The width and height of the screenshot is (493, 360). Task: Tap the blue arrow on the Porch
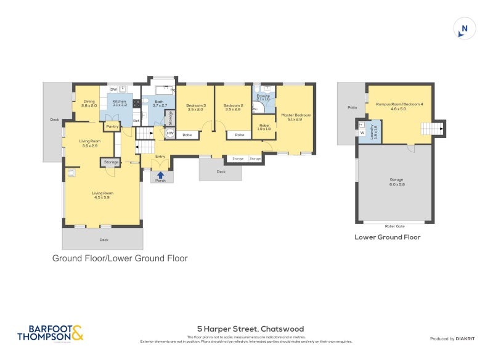tap(160, 175)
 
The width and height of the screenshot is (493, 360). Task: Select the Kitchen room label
tap(119, 104)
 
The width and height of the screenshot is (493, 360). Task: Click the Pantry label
tap(112, 126)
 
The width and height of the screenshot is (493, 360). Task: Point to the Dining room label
tap(89, 104)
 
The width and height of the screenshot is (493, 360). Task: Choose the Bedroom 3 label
tap(195, 107)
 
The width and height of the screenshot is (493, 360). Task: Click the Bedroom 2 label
tap(233, 107)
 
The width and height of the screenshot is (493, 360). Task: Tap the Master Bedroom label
tap(296, 117)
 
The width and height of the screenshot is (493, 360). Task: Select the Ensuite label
tap(263, 97)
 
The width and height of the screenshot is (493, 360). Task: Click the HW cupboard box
tap(170, 133)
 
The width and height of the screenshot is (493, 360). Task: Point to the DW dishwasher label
tap(113, 89)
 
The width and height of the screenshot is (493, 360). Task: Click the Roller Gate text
tap(394, 226)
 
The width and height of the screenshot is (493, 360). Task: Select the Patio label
tap(352, 108)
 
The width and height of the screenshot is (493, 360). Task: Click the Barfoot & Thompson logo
tap(50, 333)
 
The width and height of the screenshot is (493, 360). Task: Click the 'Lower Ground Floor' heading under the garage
tap(388, 237)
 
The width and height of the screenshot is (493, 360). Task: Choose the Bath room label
tap(159, 104)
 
